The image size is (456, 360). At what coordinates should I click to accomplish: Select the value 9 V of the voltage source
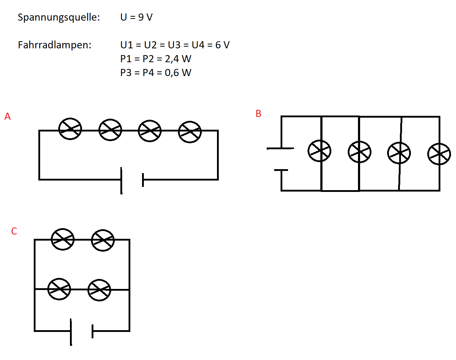pos(145,17)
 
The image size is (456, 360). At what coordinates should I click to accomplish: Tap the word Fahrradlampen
pos(54,45)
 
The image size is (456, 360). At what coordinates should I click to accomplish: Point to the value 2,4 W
pos(178,59)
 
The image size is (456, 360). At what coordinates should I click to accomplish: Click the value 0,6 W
pos(178,73)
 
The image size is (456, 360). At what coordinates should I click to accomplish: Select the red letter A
pos(7,117)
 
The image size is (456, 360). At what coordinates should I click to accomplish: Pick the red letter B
pos(259,114)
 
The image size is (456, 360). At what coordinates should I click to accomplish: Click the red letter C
pos(14,231)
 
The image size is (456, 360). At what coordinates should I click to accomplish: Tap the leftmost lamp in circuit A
pos(70,129)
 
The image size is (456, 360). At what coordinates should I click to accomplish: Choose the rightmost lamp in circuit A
pos(190,132)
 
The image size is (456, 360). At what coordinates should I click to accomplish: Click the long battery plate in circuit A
pos(121,181)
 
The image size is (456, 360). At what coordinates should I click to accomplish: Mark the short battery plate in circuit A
pos(143,180)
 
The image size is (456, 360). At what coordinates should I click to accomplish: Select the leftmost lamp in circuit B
pos(319,151)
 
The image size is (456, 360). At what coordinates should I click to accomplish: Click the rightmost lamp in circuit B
pos(439,154)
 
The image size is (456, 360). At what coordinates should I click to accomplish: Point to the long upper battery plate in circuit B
pos(280,149)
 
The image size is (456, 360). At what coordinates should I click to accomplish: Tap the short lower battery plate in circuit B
pos(281,170)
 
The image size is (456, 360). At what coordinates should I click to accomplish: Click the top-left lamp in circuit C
pos(63,240)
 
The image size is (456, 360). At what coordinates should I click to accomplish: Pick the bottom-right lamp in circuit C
pos(99,290)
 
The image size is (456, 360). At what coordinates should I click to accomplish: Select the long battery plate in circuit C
pos(71,332)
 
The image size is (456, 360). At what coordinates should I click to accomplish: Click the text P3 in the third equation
pos(126,73)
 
